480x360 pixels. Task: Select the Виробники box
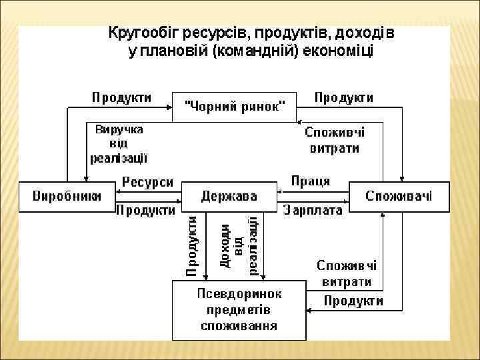[x=67, y=196]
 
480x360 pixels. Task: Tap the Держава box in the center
[x=229, y=197]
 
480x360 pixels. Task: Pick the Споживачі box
[x=399, y=196]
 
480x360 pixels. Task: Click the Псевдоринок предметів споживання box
[x=239, y=311]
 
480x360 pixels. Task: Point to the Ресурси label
[x=147, y=182]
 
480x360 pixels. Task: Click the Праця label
[x=310, y=181]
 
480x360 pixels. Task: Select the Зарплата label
[x=313, y=211]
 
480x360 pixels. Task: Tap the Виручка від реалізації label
[x=119, y=143]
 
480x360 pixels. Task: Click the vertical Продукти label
[x=192, y=245]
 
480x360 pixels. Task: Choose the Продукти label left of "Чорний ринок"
[x=121, y=97]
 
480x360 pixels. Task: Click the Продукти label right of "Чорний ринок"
[x=343, y=97]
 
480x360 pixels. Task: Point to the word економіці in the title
[x=339, y=51]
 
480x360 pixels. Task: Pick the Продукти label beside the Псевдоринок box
[x=353, y=301]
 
